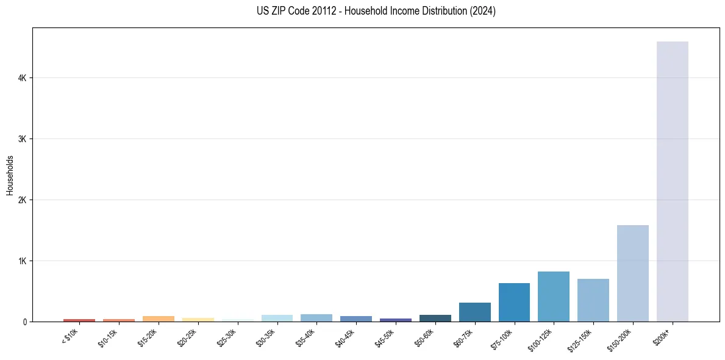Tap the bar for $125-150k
(593, 300)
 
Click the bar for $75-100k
(514, 302)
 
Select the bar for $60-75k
(474, 312)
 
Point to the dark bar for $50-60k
(435, 318)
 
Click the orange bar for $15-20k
(159, 319)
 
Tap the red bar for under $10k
(79, 320)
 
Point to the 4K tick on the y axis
(22, 78)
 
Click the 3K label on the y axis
(22, 139)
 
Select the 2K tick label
(22, 200)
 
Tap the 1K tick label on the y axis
(22, 261)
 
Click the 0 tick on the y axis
(24, 322)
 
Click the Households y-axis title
(10, 175)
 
